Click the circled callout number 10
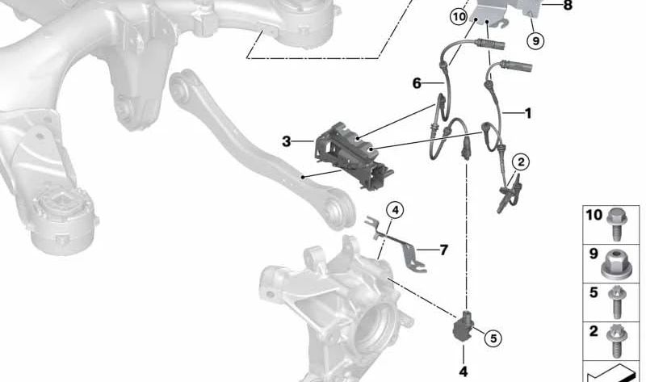(x=459, y=17)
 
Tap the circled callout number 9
(x=535, y=41)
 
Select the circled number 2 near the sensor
(x=521, y=162)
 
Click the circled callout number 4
(x=395, y=211)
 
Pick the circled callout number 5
(x=493, y=338)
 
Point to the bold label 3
(x=287, y=141)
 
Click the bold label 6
(x=417, y=83)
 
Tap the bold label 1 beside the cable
(x=528, y=113)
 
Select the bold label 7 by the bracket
(x=443, y=250)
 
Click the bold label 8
(x=568, y=6)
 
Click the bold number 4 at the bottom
(x=464, y=372)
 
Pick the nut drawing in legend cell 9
(x=614, y=264)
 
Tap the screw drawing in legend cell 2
(x=616, y=342)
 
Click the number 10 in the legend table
(x=594, y=215)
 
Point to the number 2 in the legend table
(x=594, y=331)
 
